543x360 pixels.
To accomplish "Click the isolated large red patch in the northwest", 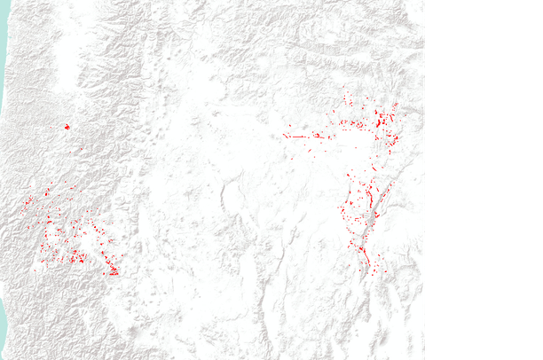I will (66, 127).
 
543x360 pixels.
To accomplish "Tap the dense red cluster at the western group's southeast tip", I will (112, 269).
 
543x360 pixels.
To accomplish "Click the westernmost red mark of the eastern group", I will (285, 136).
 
